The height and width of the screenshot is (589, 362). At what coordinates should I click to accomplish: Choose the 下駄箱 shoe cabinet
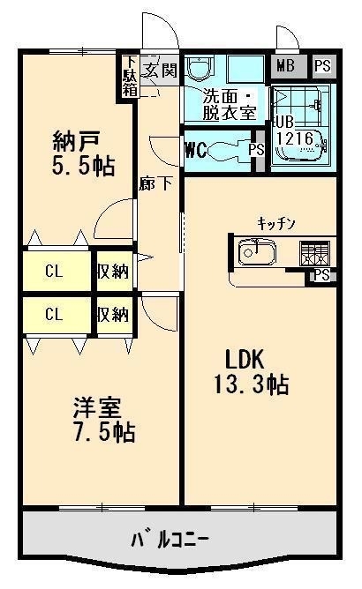pos(130,77)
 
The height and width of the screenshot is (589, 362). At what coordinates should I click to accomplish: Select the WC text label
pos(195,148)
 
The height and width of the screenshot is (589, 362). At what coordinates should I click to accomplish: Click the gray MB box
pos(285,65)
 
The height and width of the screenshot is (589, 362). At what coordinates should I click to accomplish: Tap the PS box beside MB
pos(323,65)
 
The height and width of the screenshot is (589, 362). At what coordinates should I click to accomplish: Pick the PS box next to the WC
pos(257,149)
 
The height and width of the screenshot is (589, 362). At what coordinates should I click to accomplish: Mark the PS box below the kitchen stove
pos(322,275)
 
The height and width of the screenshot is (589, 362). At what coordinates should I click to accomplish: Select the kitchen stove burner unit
pos(313,253)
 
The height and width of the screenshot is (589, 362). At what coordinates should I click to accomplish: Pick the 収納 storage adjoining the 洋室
pos(113,314)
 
